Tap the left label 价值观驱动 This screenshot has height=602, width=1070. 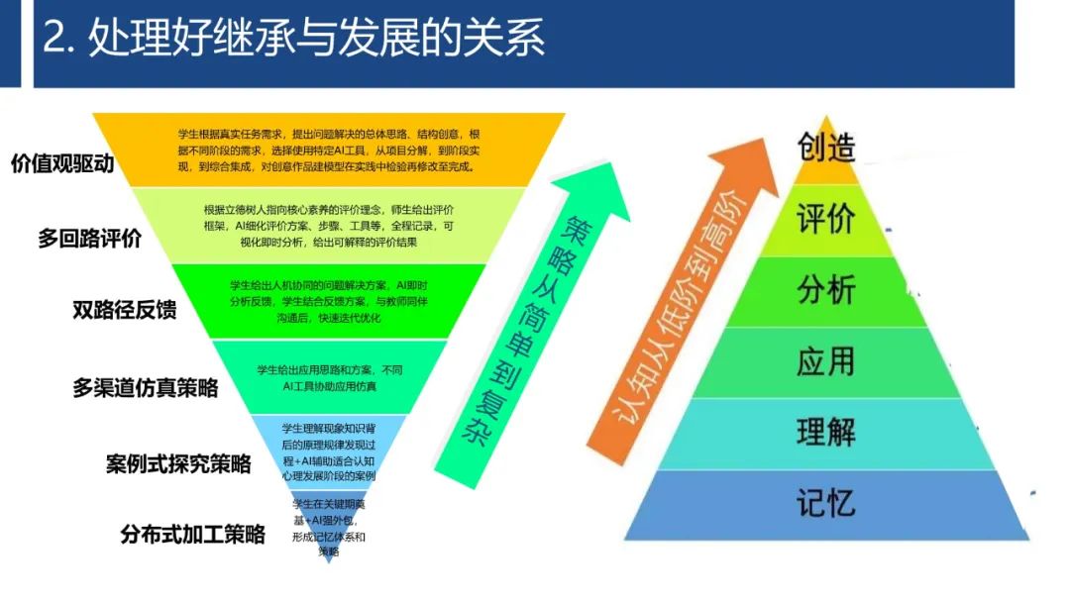[62, 163]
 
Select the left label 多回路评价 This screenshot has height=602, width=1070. [90, 238]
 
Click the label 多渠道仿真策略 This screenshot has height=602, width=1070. [146, 387]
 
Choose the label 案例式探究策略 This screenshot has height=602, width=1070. [178, 462]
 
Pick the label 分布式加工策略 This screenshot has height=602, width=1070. [193, 535]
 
